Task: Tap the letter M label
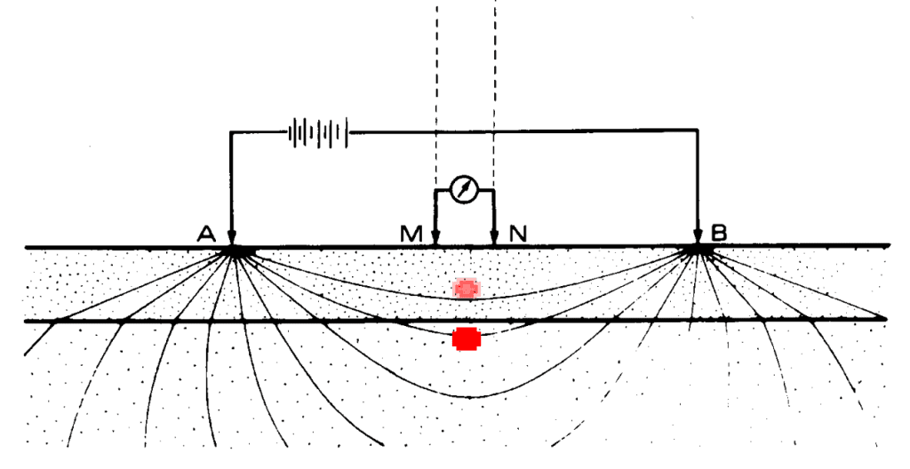click(411, 234)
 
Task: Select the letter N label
click(518, 234)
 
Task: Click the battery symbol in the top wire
click(317, 133)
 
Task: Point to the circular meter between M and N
click(464, 190)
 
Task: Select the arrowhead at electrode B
click(698, 237)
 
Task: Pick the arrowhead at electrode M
click(435, 237)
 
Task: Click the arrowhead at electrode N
click(494, 237)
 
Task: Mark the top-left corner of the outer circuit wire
click(231, 133)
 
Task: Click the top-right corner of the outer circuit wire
click(698, 133)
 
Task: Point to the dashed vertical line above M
click(435, 89)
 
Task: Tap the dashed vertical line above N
click(494, 89)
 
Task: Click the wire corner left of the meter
click(435, 190)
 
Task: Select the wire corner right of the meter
click(494, 190)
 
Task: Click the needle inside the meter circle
click(464, 189)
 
